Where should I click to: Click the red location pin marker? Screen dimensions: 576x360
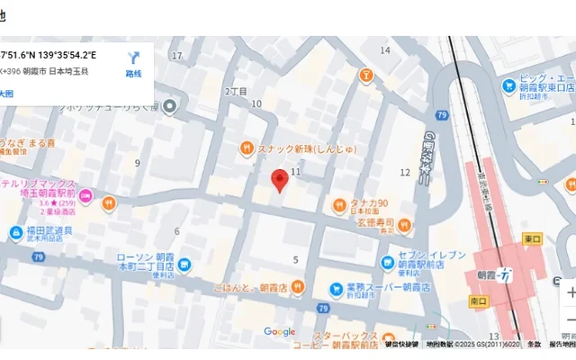(x=279, y=179)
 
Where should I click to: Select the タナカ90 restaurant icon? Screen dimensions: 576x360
(x=339, y=204)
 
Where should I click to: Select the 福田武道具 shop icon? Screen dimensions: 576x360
(x=16, y=233)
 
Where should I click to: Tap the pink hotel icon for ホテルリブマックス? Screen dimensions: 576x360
(x=86, y=196)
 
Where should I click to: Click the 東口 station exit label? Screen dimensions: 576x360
(x=532, y=239)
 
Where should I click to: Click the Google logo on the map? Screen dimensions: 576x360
(x=280, y=332)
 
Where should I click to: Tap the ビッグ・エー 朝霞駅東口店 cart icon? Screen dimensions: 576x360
(x=509, y=86)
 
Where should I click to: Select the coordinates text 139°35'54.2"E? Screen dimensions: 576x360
(x=67, y=55)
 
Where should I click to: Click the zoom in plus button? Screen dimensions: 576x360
(x=570, y=293)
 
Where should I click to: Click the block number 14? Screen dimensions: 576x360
(x=385, y=50)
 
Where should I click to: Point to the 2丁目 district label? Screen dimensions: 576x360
(x=236, y=91)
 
